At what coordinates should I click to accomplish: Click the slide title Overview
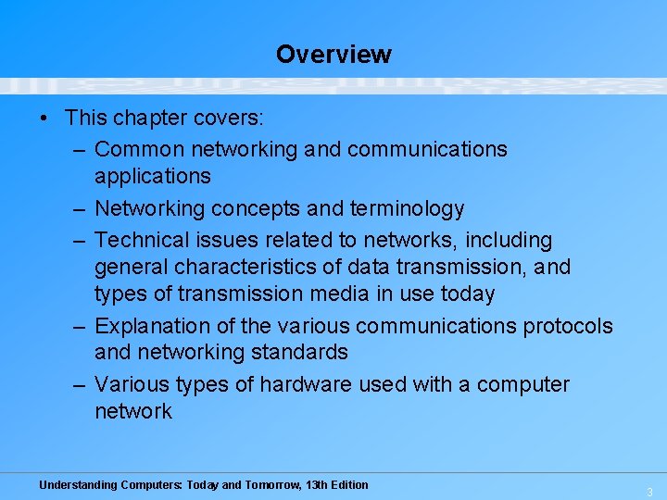click(x=333, y=55)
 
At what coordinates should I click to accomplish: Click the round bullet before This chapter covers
click(x=44, y=119)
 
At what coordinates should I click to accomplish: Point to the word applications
click(x=153, y=176)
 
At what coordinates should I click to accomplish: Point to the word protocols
click(x=568, y=326)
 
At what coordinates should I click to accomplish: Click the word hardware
click(x=303, y=384)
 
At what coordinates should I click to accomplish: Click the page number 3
click(x=650, y=492)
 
